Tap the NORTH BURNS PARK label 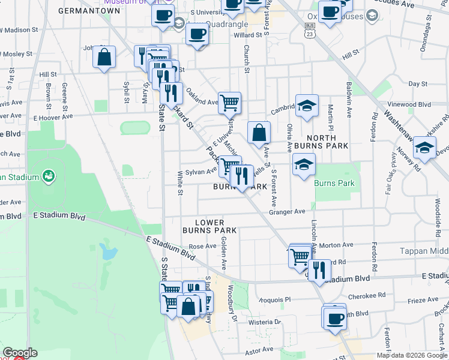click(x=321, y=141)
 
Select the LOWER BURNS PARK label click(x=207, y=226)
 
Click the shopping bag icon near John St click(x=104, y=57)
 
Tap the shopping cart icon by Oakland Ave click(x=229, y=103)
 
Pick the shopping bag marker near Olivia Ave click(x=259, y=133)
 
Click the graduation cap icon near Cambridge click(x=306, y=106)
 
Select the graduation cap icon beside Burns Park click(x=304, y=164)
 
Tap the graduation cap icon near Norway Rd click(x=424, y=148)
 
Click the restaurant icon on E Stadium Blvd click(x=319, y=269)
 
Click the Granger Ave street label click(x=287, y=211)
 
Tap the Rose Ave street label click(x=202, y=246)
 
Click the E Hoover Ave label click(x=55, y=117)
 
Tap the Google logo click(x=20, y=353)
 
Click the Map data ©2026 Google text click(x=411, y=355)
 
